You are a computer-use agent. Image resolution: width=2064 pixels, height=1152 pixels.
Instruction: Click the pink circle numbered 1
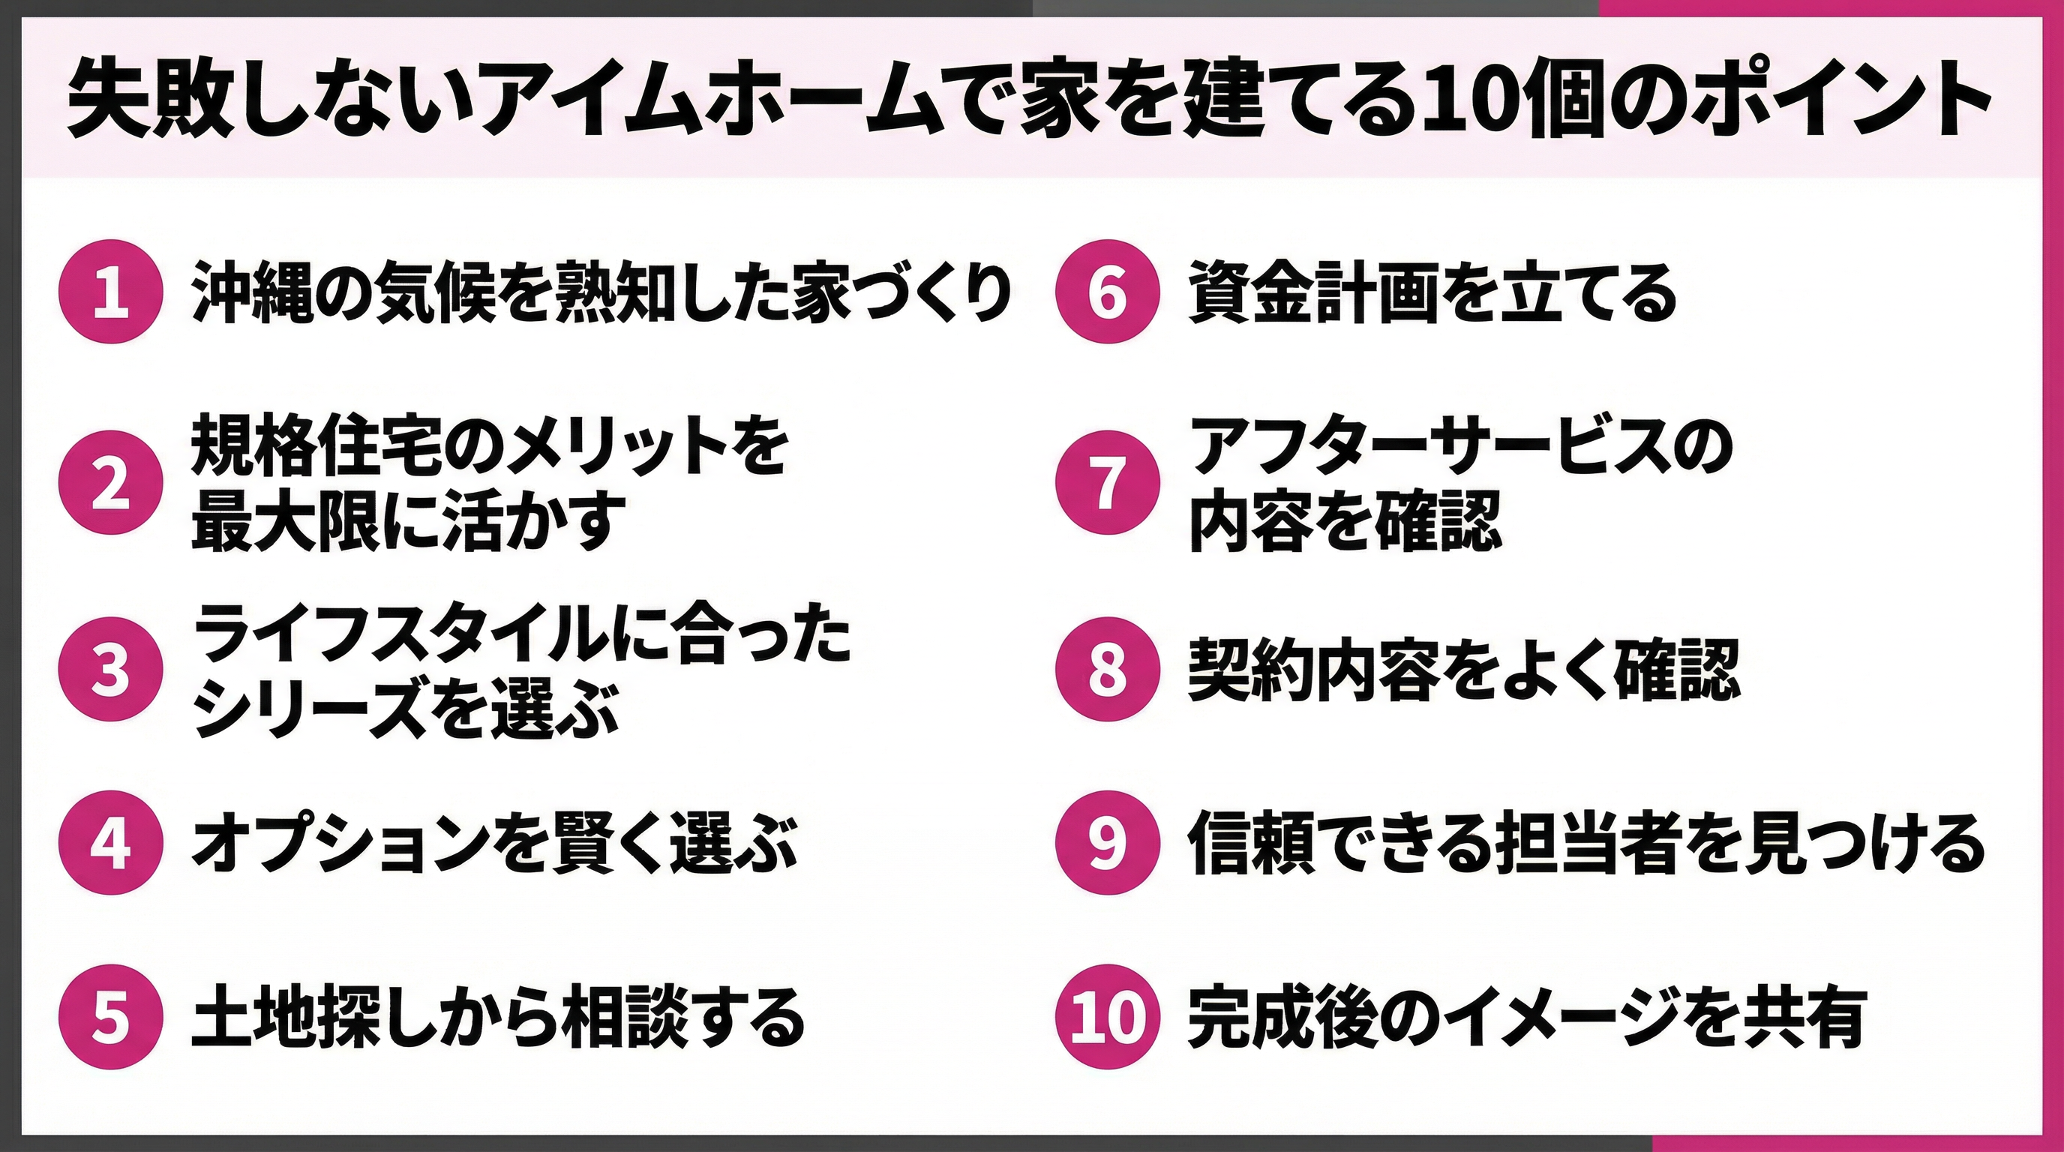110,292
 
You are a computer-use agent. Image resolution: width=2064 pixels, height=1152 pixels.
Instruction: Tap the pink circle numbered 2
110,483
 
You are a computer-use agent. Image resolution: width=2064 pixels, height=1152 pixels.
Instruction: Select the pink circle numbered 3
110,669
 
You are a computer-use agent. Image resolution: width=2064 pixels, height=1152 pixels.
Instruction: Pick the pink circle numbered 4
110,842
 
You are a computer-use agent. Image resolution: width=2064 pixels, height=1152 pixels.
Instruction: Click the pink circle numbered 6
1107,292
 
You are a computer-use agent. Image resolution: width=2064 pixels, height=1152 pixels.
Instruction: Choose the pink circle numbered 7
1107,483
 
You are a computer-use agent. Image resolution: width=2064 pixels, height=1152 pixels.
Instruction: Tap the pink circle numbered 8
1107,669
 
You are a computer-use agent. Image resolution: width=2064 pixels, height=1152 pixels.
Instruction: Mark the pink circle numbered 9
1107,842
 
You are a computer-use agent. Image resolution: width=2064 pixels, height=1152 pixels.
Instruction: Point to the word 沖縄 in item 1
251,292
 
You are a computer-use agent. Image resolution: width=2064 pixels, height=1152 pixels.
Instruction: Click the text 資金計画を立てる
1431,292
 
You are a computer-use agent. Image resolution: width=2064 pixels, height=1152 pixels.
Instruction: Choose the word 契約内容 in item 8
1309,670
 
